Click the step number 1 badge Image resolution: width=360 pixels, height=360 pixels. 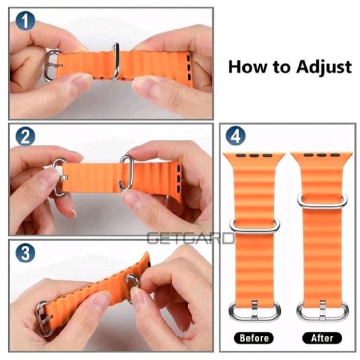[25, 21]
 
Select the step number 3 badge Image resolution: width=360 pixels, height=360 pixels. [25, 253]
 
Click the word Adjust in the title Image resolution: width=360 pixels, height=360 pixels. [323, 67]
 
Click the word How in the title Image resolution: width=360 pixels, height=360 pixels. [248, 67]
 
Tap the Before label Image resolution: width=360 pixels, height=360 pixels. [254, 338]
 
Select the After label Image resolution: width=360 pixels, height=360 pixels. [322, 338]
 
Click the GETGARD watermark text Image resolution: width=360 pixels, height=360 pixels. [190, 238]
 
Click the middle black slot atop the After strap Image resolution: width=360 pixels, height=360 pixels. [321, 155]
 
